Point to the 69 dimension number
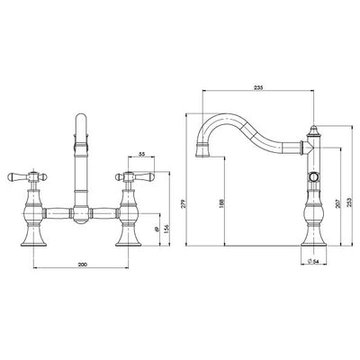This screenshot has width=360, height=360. pos(157,231)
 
